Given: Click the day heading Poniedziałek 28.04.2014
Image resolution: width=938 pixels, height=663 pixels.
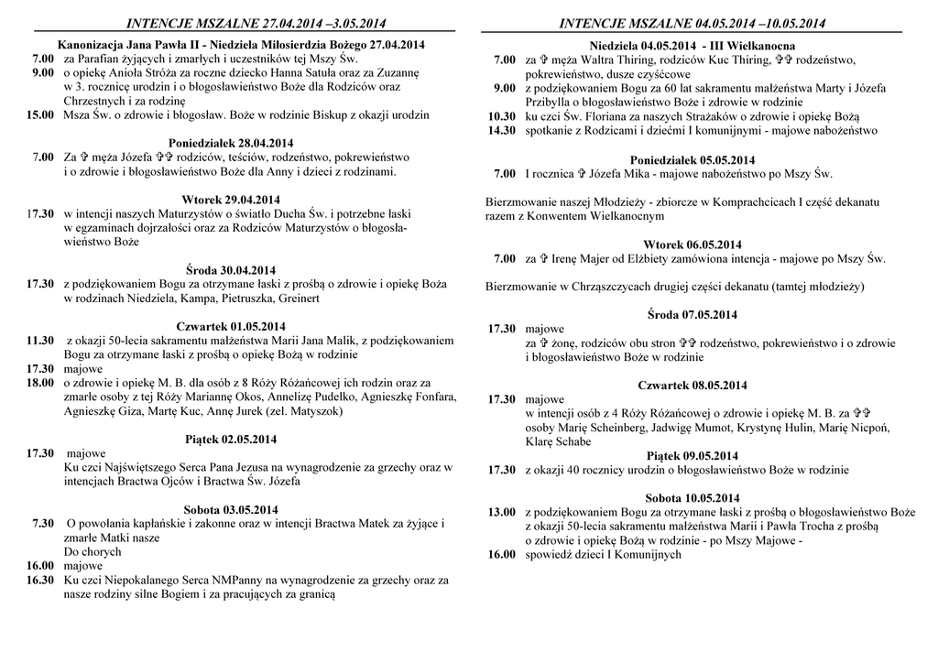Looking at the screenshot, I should [229, 143].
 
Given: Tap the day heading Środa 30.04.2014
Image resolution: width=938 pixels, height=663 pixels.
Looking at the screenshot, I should [229, 270].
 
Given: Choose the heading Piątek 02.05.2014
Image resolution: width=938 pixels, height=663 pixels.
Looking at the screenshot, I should [229, 440].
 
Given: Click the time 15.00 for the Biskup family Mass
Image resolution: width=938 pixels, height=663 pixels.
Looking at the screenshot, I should [39, 115].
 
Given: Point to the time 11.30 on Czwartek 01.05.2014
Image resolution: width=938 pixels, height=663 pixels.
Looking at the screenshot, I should [39, 341].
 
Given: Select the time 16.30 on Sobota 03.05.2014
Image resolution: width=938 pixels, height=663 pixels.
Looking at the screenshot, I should [39, 580].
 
